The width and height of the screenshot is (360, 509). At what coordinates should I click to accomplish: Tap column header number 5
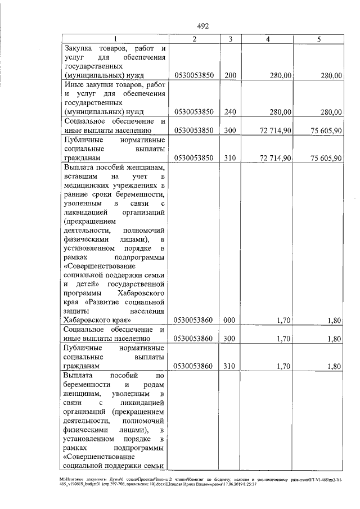pyautogui.click(x=318, y=39)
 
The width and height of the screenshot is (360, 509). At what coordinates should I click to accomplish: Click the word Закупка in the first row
pyautogui.click(x=80, y=48)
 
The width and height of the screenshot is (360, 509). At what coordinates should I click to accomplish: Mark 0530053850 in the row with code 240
pyautogui.click(x=193, y=112)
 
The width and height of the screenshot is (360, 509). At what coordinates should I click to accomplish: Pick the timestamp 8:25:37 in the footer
pyautogui.click(x=249, y=484)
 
